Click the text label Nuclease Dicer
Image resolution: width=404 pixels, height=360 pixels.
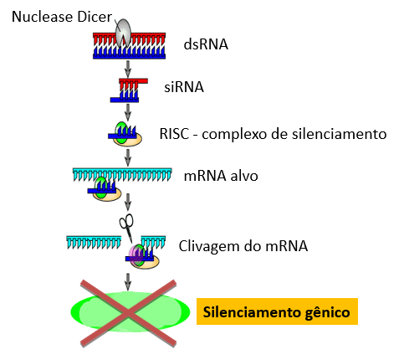[x=62, y=17]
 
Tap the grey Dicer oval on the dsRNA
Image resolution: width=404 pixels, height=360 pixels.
[x=123, y=33]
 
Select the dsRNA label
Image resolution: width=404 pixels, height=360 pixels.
[x=206, y=44]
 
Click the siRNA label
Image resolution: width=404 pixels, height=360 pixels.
[x=184, y=87]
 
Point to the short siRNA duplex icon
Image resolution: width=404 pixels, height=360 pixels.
[x=129, y=90]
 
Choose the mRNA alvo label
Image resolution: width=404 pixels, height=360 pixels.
[x=221, y=176]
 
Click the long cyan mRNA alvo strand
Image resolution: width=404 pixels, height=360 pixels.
[x=122, y=174]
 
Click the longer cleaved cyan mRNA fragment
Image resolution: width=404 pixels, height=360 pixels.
[x=94, y=242]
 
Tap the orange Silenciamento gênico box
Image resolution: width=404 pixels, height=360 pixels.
[x=277, y=311]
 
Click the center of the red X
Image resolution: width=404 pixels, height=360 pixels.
[x=128, y=314]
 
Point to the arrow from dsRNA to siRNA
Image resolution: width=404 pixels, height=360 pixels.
[x=128, y=69]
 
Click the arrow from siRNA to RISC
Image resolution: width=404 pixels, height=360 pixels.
[x=128, y=112]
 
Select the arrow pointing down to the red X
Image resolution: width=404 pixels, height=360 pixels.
[x=128, y=282]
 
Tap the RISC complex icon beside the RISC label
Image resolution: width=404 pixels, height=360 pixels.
[x=125, y=134]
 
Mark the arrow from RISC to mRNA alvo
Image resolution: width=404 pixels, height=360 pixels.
[x=128, y=157]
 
